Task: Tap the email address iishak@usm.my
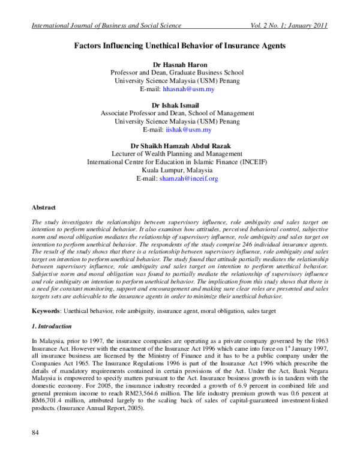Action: coord(188,129)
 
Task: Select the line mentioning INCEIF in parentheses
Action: coord(177,162)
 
